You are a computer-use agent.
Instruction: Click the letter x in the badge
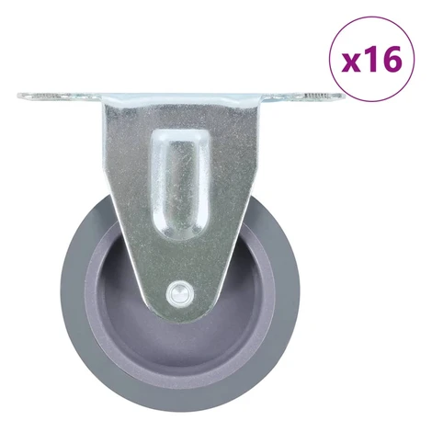click(x=351, y=64)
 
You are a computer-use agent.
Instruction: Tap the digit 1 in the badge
click(x=369, y=60)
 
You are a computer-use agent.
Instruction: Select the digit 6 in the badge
click(x=391, y=60)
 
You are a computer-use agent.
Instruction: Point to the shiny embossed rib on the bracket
click(x=181, y=184)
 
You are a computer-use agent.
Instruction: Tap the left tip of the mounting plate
click(x=18, y=96)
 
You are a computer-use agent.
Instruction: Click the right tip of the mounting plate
click(x=344, y=97)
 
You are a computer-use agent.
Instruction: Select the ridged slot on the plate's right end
click(x=315, y=97)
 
